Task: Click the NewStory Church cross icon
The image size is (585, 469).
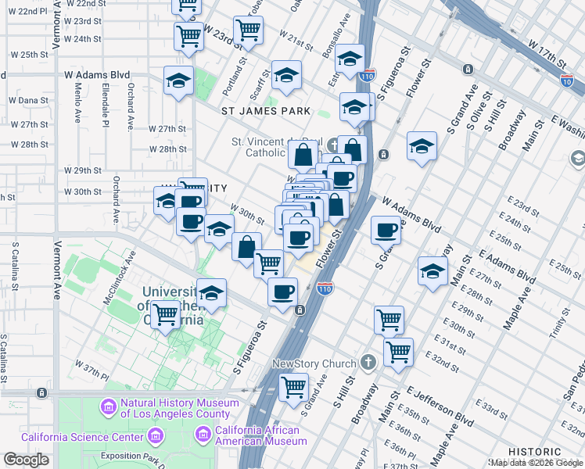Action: click(x=368, y=364)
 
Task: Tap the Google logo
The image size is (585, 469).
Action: click(x=26, y=460)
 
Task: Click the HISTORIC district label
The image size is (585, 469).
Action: click(x=534, y=452)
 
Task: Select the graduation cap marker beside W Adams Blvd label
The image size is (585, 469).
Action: click(x=178, y=80)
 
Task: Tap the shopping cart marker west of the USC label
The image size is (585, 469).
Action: click(x=164, y=315)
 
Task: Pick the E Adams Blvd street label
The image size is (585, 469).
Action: click(x=508, y=268)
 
